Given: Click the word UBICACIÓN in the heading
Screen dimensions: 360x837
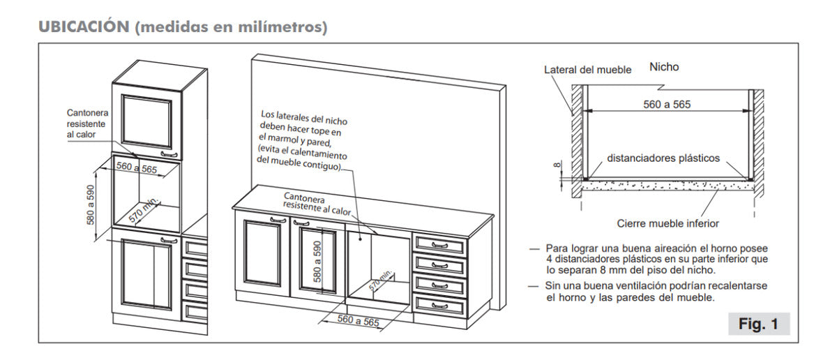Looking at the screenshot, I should click(x=84, y=27).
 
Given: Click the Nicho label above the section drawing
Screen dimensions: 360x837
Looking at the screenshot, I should click(x=663, y=67).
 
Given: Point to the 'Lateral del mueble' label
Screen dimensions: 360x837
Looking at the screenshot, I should click(x=587, y=70).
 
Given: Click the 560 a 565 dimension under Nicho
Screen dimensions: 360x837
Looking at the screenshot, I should click(x=668, y=104).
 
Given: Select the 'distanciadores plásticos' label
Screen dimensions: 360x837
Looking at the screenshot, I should click(x=663, y=158).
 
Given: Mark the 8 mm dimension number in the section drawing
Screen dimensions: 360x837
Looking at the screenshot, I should click(x=556, y=165).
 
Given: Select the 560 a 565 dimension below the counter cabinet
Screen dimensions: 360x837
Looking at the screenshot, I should click(x=358, y=320).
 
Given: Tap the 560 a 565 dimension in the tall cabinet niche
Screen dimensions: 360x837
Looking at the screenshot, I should click(x=137, y=168).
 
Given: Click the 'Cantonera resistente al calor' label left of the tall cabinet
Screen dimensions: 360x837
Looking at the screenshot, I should click(x=87, y=123).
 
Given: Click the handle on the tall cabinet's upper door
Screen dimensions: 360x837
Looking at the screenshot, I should click(x=167, y=153).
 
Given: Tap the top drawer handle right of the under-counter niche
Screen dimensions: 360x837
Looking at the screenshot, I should click(x=439, y=245).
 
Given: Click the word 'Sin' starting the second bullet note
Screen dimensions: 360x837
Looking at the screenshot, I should click(x=554, y=287).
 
